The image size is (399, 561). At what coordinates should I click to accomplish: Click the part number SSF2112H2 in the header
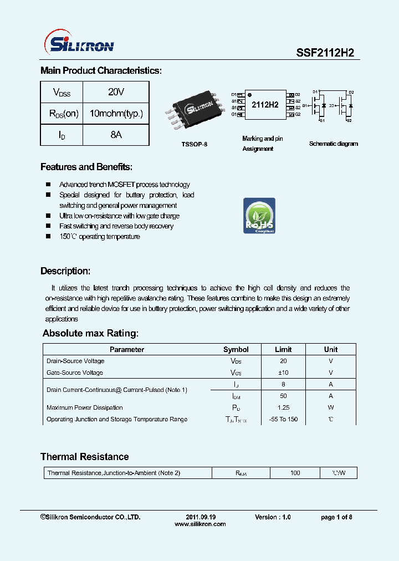coord(324,52)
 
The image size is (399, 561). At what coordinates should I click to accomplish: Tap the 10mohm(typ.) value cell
coord(116,114)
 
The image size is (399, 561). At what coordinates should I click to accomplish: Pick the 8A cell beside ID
coord(115,135)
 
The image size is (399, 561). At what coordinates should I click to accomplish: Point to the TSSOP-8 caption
coord(194,144)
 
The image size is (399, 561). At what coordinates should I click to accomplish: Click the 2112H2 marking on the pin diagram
coord(265,105)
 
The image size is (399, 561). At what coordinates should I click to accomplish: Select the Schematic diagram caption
coord(333,144)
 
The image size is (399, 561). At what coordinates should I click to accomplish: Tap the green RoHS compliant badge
coord(259,215)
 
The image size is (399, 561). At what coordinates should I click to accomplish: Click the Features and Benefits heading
coord(86,167)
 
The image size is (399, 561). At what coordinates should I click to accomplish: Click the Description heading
coord(65,271)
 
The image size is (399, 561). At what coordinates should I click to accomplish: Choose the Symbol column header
coord(236,349)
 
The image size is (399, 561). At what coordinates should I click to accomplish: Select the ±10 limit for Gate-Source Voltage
coord(283,373)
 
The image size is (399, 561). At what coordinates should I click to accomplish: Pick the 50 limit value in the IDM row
coord(283,396)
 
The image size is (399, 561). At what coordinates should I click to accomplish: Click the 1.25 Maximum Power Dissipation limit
coord(283,407)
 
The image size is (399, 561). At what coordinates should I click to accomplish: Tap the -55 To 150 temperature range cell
coord(283,419)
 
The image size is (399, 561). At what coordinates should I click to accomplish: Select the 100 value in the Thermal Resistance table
coord(295,473)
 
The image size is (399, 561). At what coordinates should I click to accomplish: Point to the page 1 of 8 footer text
coord(336,517)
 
